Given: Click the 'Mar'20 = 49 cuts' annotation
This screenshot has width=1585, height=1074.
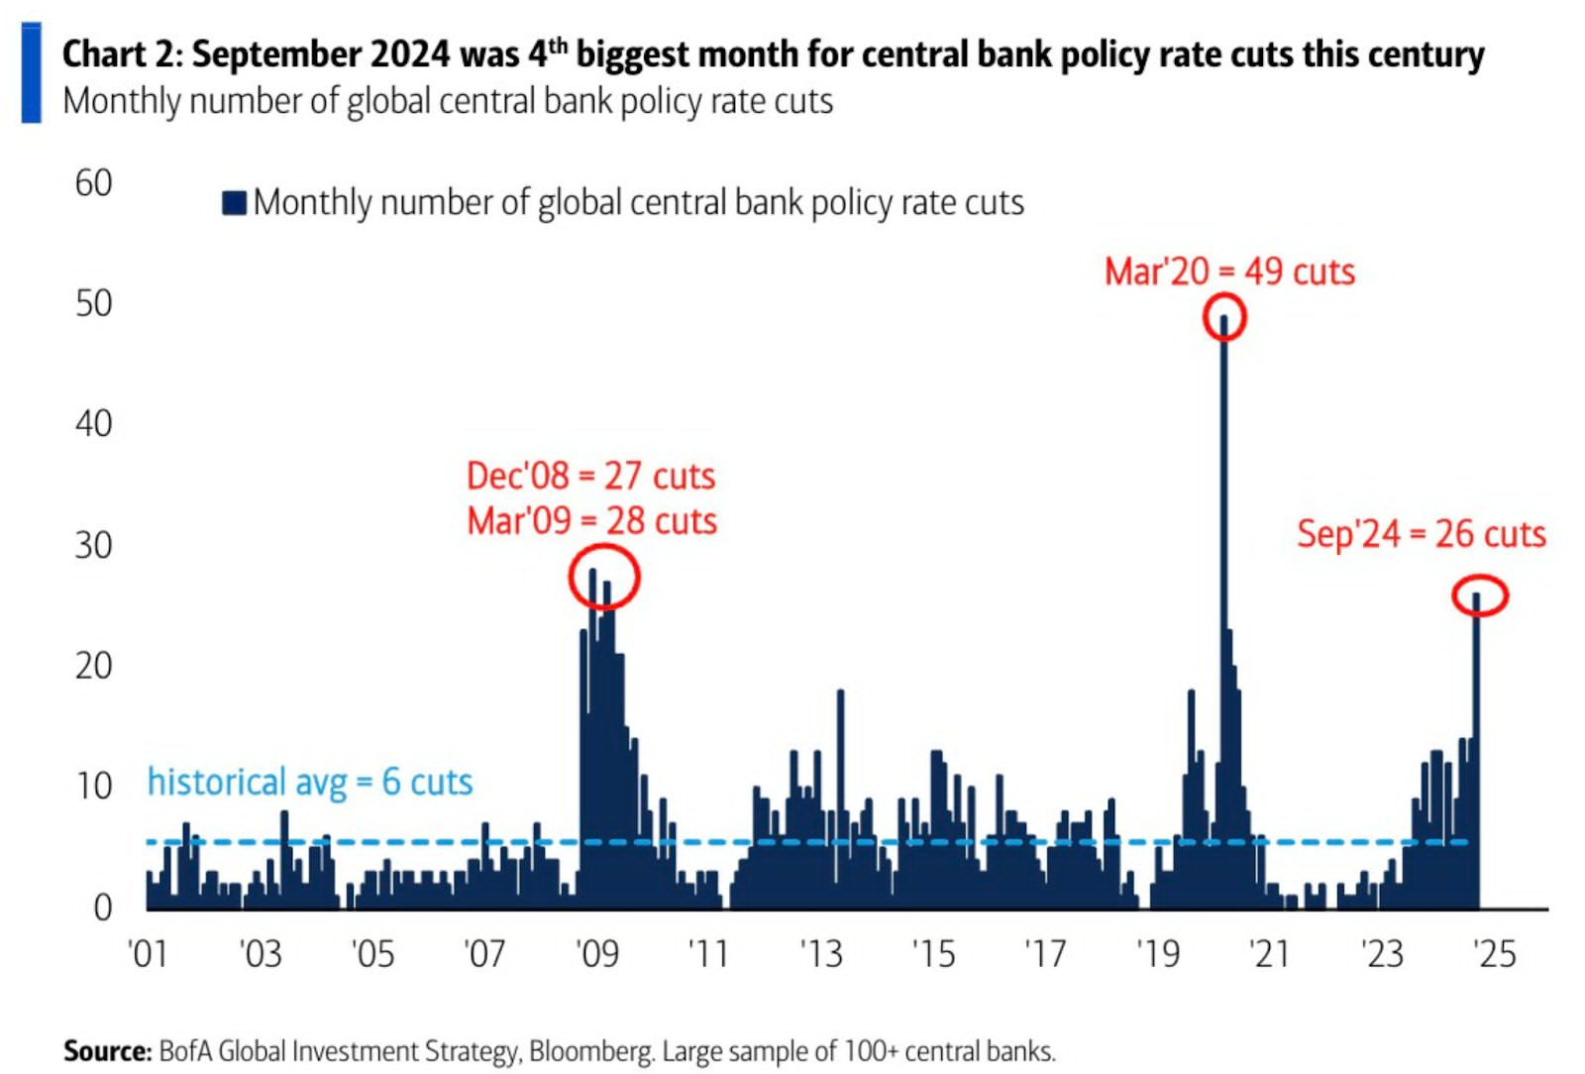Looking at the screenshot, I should click(1229, 271).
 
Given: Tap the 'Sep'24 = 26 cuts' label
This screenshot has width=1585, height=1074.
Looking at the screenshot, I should click(1421, 534).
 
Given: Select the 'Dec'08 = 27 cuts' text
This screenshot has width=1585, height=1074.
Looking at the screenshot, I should click(590, 477).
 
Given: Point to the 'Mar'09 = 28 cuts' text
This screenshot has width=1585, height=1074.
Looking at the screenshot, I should click(591, 521).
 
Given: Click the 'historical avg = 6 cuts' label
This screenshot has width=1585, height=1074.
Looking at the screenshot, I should click(309, 783).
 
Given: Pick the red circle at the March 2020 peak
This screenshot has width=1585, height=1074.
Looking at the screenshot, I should click(1224, 318).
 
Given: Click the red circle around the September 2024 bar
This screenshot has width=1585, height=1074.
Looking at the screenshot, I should click(1480, 595).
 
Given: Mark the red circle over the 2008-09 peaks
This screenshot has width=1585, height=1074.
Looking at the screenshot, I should click(604, 578).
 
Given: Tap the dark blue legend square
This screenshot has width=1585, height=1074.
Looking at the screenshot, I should click(234, 203).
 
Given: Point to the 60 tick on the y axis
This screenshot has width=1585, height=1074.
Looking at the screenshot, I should click(93, 183).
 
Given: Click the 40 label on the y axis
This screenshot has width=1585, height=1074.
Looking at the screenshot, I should click(93, 424).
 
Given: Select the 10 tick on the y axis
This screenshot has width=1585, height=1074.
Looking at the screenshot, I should click(93, 787).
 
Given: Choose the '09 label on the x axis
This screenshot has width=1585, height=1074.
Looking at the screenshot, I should click(597, 954).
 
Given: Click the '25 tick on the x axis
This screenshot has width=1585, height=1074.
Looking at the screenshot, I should click(1494, 954).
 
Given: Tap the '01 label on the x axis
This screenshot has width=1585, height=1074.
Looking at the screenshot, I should click(149, 954).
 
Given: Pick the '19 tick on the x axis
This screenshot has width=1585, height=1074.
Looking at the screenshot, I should click(1158, 954).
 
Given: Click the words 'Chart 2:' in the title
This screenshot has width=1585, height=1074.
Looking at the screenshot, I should click(122, 54).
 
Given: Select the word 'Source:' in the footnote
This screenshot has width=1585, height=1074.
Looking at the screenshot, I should click(107, 1050).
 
